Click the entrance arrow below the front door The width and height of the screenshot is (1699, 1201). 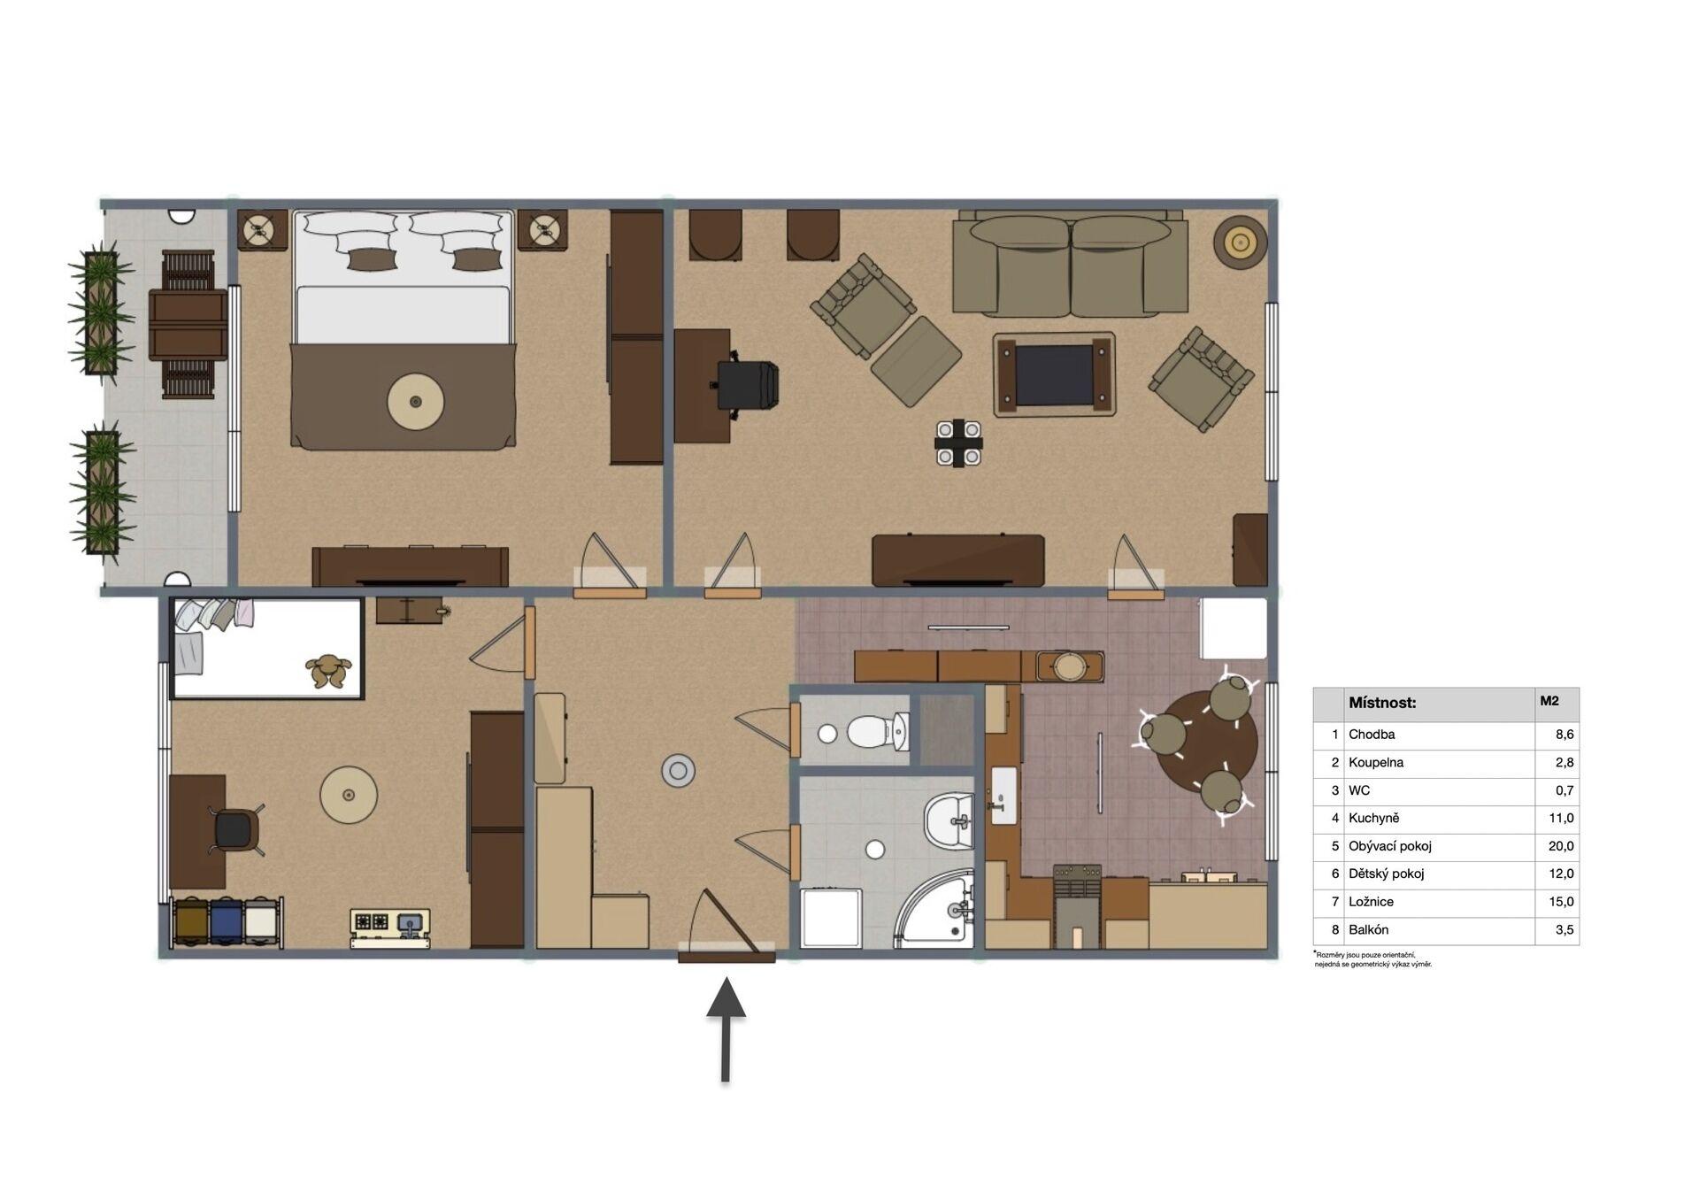726,1029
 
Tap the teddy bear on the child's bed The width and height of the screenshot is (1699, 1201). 328,670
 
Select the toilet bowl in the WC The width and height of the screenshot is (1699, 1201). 877,732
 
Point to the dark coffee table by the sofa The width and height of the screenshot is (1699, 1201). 1054,374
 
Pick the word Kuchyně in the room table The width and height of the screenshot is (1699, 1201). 1374,818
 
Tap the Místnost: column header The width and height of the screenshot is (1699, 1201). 1382,704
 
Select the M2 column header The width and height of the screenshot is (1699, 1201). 1549,701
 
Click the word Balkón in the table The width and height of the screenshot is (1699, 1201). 1369,929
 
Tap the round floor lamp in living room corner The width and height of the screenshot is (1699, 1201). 1240,241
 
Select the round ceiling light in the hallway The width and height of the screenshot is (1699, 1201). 678,771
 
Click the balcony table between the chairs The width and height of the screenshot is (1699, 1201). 188,325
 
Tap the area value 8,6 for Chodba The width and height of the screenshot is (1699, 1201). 1564,734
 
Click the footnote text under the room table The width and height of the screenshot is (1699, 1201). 1372,959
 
